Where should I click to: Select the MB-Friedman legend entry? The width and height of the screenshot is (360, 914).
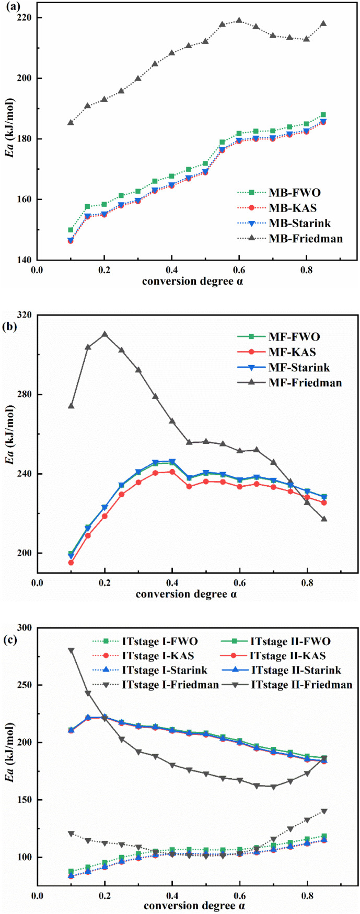pos(306,239)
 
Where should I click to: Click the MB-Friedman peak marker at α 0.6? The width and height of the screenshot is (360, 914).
pos(239,20)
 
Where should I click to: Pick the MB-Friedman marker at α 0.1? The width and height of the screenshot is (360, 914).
pos(71,122)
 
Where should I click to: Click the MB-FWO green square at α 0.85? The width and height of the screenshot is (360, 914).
pos(323,115)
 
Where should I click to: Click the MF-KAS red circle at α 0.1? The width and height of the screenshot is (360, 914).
pos(71,563)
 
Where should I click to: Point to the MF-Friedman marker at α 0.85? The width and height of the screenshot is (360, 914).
pos(323,519)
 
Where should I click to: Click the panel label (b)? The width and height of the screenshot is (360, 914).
pos(12,327)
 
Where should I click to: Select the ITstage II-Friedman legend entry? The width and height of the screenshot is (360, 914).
pos(301,684)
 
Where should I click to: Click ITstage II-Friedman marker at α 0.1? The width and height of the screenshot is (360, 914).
pos(71,650)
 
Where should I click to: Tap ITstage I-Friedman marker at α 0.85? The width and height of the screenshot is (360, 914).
pos(323,811)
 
